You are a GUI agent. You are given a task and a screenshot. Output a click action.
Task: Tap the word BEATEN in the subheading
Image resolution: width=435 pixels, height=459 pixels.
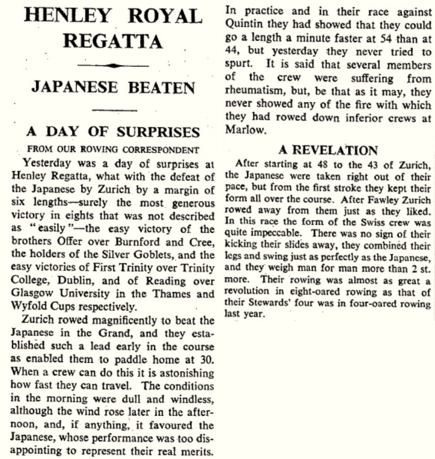161,87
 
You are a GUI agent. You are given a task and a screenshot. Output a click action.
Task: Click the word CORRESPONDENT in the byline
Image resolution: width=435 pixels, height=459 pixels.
168,149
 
